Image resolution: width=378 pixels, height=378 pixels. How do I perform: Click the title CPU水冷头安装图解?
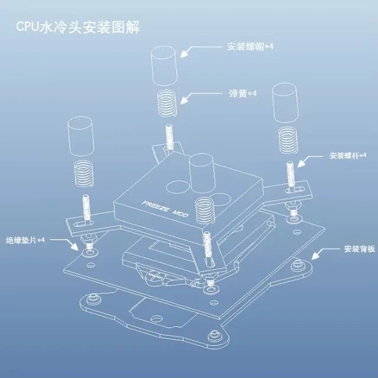pos(77,27)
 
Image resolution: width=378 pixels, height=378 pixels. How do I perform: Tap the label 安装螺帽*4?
pos(250,46)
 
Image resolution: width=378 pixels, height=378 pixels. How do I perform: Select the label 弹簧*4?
pos(242,93)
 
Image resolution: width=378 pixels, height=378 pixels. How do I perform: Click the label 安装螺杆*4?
pos(348,155)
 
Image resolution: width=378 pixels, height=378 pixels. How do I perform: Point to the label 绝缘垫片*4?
pos(25,240)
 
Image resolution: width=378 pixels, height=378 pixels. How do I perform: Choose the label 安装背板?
pos(360,249)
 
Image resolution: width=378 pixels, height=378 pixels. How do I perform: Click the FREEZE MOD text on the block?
pos(165,209)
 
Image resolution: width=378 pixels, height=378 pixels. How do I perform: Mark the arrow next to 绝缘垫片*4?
pos(64,243)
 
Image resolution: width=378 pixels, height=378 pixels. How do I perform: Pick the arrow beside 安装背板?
pos(325,253)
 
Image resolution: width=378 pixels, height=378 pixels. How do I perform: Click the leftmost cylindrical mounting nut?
pos(80,136)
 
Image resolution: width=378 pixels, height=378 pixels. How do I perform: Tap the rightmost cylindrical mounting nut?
pos(285,103)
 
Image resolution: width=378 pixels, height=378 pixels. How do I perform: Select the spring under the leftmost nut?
pos(83,174)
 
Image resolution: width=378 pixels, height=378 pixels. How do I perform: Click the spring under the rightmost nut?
pos(288,140)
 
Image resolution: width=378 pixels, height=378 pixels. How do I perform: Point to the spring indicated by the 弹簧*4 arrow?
pos(167,103)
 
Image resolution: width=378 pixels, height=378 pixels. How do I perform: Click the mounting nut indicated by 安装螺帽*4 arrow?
pos(164,66)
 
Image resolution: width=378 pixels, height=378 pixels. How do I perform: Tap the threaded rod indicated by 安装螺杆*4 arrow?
pos(291,175)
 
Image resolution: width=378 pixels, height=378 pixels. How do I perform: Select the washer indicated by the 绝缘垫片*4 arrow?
pos(90,252)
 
